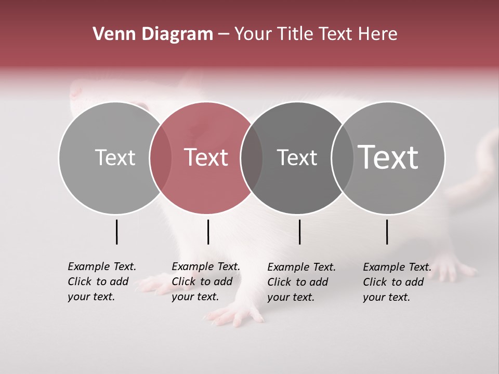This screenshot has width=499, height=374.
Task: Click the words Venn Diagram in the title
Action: tap(153, 34)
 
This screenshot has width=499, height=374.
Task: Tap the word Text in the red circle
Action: tap(206, 157)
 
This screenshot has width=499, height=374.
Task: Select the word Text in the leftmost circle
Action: tap(115, 157)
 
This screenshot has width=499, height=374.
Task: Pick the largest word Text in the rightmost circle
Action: tap(388, 157)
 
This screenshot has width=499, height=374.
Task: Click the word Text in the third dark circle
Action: tap(297, 157)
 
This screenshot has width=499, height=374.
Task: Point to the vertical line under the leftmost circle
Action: tap(116, 232)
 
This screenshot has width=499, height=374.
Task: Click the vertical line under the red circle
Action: tap(208, 232)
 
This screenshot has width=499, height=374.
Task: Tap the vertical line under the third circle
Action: tap(299, 232)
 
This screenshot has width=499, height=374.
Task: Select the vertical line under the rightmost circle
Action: tap(387, 232)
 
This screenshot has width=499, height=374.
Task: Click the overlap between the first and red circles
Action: tap(161, 157)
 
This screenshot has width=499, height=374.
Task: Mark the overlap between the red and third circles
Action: tap(252, 157)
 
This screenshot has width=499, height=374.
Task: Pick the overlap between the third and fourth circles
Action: tap(340, 157)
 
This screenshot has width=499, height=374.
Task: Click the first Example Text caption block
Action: tap(101, 282)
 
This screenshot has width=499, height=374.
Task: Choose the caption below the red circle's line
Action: tap(205, 282)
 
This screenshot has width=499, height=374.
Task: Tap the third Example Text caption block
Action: tap(301, 282)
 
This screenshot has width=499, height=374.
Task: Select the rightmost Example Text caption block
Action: tap(397, 282)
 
